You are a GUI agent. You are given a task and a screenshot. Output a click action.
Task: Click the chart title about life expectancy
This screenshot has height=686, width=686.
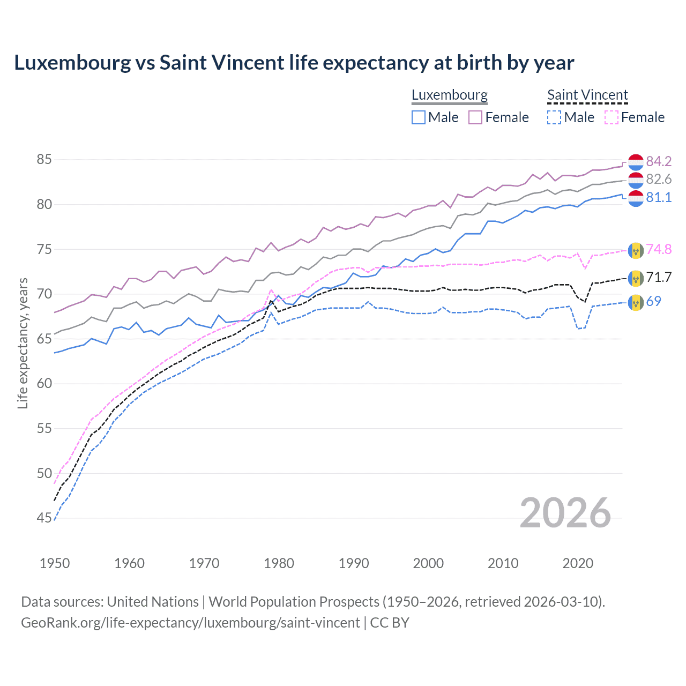click(294, 63)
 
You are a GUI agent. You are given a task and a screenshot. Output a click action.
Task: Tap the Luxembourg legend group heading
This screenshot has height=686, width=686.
click(449, 95)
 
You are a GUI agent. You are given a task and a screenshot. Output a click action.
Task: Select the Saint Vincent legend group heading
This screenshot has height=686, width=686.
click(587, 95)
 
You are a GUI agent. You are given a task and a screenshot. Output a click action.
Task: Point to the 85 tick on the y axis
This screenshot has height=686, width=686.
click(44, 160)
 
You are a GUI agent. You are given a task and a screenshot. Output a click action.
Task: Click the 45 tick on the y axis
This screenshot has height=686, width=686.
click(44, 518)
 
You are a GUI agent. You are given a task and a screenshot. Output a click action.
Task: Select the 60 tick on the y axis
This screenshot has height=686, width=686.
click(44, 384)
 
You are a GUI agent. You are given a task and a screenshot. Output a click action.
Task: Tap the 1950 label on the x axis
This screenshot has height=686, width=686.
click(55, 563)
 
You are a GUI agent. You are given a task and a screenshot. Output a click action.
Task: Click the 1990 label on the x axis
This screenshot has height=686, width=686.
click(354, 563)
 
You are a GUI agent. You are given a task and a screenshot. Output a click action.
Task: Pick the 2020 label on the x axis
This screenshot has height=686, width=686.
click(578, 563)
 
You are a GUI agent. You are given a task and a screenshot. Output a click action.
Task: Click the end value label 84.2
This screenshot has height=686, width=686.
click(659, 161)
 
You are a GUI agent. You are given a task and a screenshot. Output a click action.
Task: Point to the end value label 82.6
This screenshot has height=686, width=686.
click(659, 179)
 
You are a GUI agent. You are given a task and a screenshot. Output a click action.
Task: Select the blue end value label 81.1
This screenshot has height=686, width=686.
click(659, 197)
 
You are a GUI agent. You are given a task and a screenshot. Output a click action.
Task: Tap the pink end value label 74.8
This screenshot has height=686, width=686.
click(659, 249)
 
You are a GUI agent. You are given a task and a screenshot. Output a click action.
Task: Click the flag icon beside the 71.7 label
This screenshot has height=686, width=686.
click(636, 277)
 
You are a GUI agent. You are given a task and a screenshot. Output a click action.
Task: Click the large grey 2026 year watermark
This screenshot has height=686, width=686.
click(565, 513)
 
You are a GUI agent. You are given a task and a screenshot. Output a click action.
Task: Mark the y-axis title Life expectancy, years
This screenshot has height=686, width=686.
click(23, 343)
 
